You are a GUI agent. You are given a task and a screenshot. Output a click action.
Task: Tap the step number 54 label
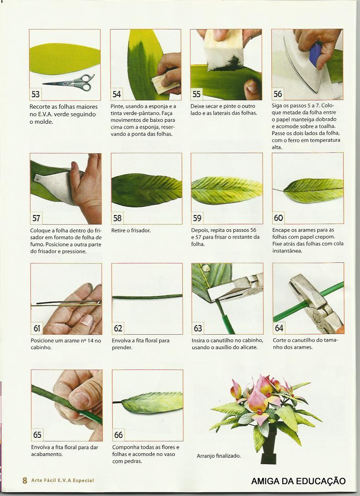pos(116,94)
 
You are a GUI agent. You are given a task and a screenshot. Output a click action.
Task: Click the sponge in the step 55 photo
pos(224,50)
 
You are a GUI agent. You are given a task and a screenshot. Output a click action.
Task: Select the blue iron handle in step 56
pos(315,55)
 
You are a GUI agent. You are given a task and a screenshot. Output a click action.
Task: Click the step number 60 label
pos(278,218)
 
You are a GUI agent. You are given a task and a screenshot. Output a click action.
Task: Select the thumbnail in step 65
pos(82,399)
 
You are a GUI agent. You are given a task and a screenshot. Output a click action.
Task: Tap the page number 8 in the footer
pos(25,481)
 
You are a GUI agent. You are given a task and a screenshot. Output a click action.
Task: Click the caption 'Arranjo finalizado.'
pos(219,456)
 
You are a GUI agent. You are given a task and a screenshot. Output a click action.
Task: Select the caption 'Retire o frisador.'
pos(130,230)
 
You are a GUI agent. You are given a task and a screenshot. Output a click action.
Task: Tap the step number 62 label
pos(118,328)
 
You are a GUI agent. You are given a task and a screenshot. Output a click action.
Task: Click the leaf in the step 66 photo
pos(152,402)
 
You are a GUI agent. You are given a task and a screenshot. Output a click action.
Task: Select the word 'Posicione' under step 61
pos(42,341)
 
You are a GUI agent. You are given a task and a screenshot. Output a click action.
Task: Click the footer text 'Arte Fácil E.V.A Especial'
pos(63,481)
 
